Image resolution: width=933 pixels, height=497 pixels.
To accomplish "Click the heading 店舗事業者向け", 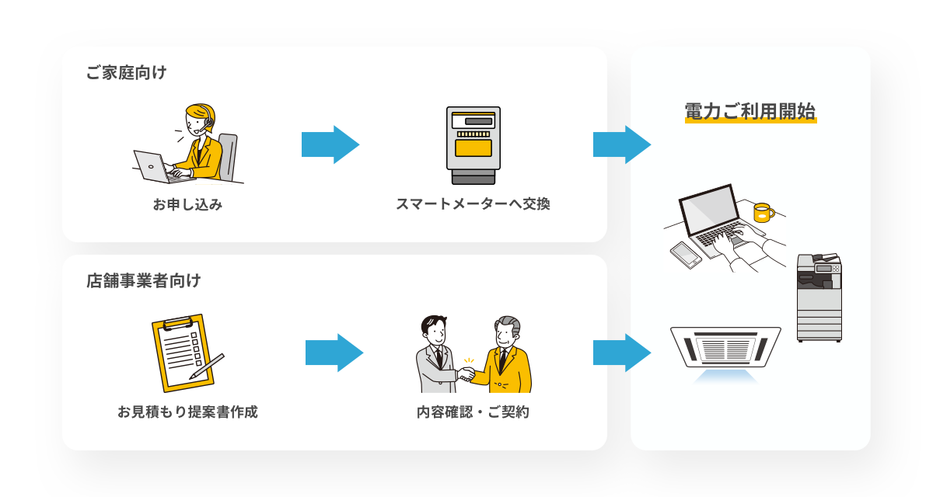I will coord(143,280).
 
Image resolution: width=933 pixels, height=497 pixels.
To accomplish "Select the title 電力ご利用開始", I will coord(750,110).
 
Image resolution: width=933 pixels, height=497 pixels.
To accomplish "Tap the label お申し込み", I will coord(187,205).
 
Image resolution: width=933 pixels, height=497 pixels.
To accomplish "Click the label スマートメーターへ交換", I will coord(473,204).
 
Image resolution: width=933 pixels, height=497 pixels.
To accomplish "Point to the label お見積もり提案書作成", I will coord(187,412).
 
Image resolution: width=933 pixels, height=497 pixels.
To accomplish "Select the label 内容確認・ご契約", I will coord(473,412).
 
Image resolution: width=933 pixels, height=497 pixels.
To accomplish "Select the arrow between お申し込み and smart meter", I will coord(330,144).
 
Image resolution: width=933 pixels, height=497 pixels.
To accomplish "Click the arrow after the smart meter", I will coord(621,144).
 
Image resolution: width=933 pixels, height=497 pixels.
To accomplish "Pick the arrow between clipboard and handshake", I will coord(334,353).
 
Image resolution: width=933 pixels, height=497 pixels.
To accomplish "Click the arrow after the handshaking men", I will coord(621,353).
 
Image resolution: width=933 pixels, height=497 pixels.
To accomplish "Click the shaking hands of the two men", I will coord(466,374).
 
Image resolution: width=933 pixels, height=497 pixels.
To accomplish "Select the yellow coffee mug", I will coord(762,212).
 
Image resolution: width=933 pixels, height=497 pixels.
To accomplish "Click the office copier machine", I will coord(819,299).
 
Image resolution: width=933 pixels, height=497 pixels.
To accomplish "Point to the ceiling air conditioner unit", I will coord(725,346).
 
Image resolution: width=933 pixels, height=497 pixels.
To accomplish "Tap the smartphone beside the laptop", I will coord(686,254).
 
